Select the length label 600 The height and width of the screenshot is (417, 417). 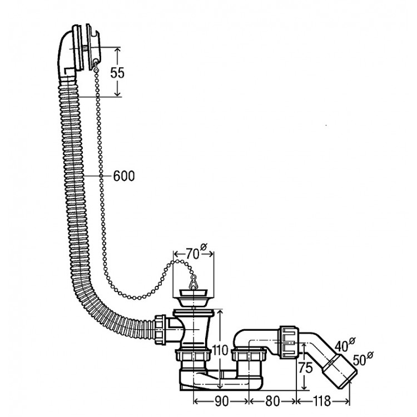point(123,176)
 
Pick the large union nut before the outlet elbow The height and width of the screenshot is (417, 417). point(289,341)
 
